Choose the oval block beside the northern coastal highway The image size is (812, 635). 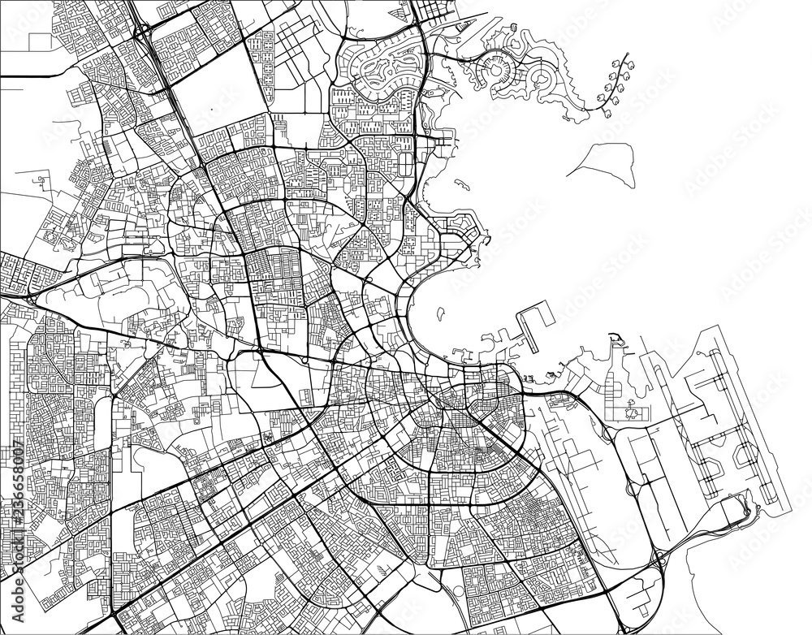coord(404,162)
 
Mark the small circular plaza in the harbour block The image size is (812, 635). coord(632,414)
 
